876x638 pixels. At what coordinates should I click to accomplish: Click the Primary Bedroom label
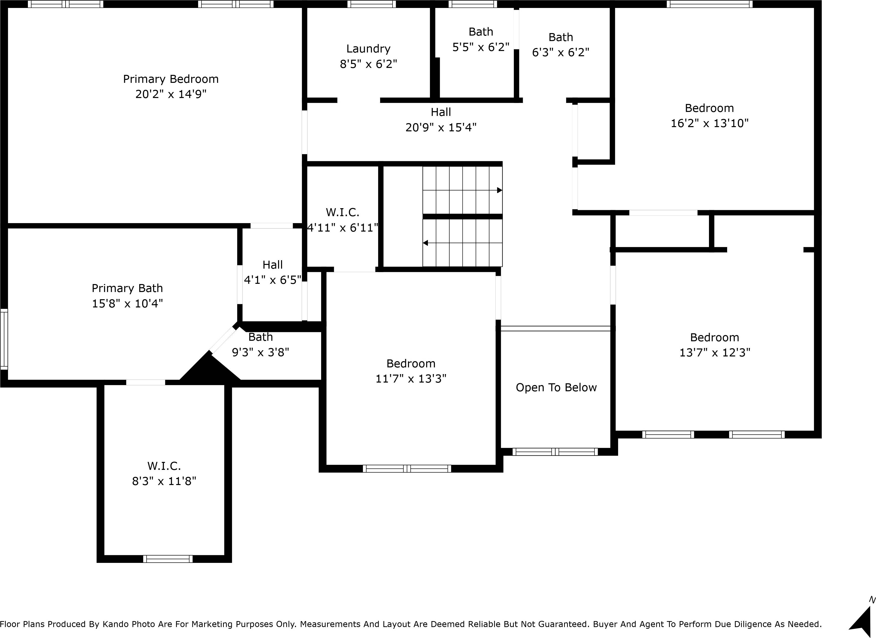click(171, 79)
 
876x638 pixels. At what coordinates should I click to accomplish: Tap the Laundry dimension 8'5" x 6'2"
click(368, 64)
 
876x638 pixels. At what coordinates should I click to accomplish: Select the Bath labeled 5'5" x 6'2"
click(481, 39)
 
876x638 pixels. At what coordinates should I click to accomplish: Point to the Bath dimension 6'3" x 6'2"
click(560, 52)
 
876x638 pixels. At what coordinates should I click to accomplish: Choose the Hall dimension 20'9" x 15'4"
click(441, 127)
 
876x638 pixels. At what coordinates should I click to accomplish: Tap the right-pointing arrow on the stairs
click(499, 190)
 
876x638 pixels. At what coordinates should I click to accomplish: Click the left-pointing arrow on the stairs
click(425, 243)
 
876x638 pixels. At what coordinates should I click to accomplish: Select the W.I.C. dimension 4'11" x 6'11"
click(342, 228)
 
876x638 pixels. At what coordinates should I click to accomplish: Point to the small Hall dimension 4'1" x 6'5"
click(272, 280)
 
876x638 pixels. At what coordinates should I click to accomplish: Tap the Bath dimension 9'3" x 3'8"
click(260, 352)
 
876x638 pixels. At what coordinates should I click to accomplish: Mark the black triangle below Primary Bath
click(209, 371)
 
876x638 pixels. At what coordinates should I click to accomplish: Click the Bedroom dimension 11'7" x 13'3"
click(411, 379)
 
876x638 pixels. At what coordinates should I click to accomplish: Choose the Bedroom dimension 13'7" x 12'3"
click(714, 353)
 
